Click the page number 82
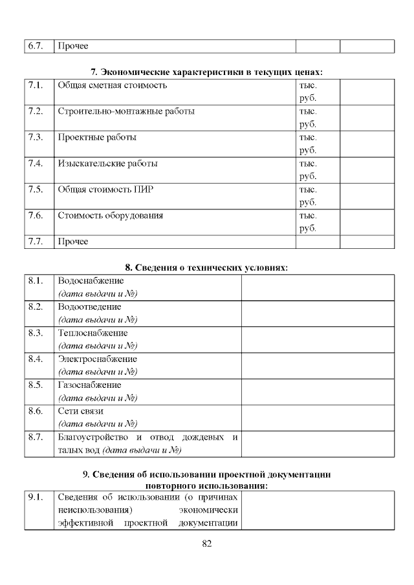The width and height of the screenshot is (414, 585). (x=207, y=543)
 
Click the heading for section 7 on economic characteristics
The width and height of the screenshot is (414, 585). (x=206, y=71)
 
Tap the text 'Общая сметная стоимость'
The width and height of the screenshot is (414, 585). (x=113, y=85)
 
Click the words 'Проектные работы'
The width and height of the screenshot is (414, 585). (x=97, y=137)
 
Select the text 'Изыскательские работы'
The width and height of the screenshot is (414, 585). (x=107, y=164)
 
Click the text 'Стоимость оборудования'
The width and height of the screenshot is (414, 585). (x=110, y=215)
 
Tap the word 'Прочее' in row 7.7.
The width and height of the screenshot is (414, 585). (x=73, y=242)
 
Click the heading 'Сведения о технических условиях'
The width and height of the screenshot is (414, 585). (x=206, y=267)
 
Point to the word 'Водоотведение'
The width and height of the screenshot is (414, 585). (x=90, y=307)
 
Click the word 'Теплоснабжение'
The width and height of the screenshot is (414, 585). (x=93, y=333)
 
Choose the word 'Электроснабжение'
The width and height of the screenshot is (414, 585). (x=98, y=359)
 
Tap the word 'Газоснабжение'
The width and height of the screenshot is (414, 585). (x=90, y=385)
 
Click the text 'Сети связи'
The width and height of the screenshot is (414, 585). (x=81, y=410)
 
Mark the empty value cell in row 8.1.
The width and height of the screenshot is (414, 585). (x=318, y=287)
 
